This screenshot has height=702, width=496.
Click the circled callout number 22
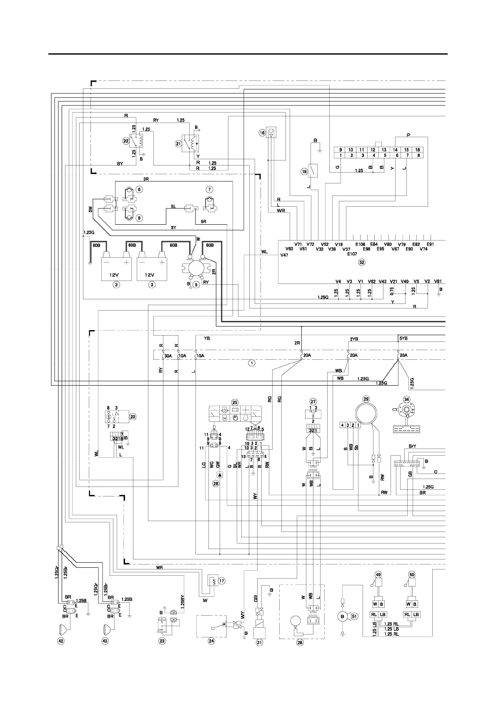coord(125,141)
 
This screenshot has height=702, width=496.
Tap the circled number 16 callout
coord(262,133)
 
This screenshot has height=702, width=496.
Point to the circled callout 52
coord(361,263)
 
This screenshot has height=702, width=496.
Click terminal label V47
coord(284,255)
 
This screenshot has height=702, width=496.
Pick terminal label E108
coord(360,244)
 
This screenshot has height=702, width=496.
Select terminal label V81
coord(438,281)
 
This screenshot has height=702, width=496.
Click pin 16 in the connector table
coord(417,150)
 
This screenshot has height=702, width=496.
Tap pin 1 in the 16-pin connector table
coord(341,155)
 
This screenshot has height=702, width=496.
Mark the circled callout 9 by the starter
coord(197,285)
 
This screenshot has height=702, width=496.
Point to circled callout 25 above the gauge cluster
coord(235,402)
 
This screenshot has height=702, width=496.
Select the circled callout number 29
coord(366,399)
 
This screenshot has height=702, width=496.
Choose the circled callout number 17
coord(221,580)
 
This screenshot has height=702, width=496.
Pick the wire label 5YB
coord(403,338)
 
